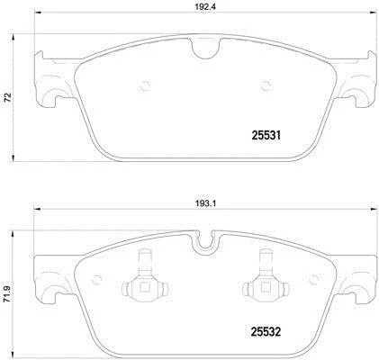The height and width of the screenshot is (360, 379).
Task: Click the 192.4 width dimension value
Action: click(205, 7)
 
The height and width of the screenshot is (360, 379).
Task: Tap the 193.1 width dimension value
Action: click(206, 203)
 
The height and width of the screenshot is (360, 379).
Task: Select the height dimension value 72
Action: click(8, 97)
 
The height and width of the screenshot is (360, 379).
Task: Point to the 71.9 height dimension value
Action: click(7, 293)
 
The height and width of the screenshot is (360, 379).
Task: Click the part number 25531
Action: click(266, 136)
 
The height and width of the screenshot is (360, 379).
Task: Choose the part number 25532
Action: click(266, 332)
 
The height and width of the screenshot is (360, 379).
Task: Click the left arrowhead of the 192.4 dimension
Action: click(38, 13)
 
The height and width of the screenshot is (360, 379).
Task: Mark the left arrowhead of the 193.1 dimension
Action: click(37, 209)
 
